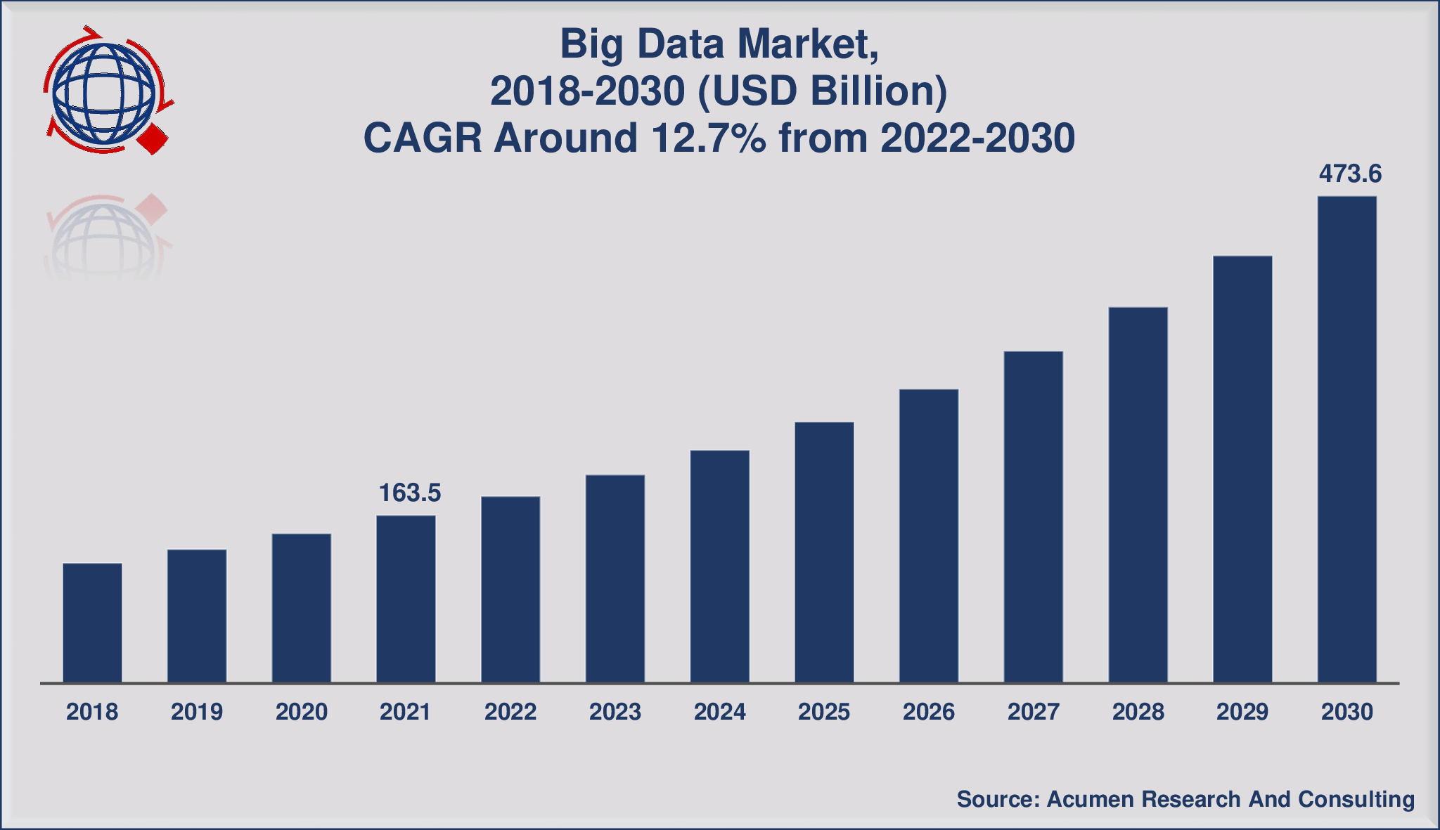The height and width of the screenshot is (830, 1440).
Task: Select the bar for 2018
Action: coord(92,623)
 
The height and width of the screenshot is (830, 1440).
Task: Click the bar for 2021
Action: coord(406,599)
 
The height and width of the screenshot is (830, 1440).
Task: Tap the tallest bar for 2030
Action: coord(1346,439)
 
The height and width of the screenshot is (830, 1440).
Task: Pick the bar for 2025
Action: coord(824,552)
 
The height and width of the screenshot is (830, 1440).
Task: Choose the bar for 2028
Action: coord(1138,494)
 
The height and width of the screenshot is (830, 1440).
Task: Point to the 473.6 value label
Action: coord(1350,174)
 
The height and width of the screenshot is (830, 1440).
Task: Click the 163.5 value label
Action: coord(409,493)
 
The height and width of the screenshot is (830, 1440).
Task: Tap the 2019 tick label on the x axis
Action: coord(197,712)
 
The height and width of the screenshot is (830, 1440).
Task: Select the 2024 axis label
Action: coord(719,712)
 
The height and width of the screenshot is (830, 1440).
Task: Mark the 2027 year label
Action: coord(1033,712)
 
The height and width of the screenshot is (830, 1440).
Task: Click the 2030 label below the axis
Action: coord(1346,712)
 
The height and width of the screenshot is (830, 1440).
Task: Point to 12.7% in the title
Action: coord(708,138)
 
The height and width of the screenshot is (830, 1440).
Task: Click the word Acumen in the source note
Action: coord(1089,799)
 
